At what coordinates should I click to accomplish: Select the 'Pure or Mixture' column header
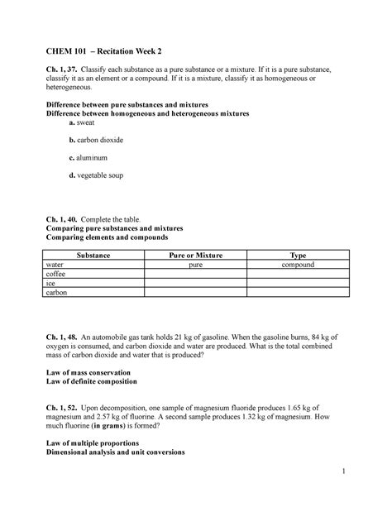pos(196,255)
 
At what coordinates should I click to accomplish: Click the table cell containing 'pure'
pos(196,265)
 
